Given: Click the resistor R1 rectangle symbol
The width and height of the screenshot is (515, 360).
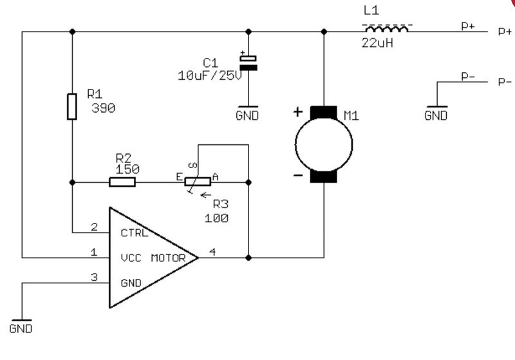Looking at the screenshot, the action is coord(72,106).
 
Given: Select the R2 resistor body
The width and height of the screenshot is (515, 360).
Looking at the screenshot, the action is coord(122,182).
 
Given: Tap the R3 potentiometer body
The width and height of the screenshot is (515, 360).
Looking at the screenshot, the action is coord(198,182).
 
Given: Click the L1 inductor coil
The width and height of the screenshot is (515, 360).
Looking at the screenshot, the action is coord(387,29).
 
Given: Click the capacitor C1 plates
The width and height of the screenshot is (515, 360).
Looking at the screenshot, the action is coord(248,63).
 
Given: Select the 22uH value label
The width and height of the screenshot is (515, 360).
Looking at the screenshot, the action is coord(377,43).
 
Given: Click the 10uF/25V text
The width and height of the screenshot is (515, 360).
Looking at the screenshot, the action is coord(210,76).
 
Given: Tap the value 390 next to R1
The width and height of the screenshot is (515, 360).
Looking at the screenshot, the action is coord(103,108).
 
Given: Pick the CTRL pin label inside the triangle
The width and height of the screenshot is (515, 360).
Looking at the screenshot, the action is coord(135,233).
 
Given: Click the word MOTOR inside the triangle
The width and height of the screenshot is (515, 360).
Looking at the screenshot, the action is coord(169,258).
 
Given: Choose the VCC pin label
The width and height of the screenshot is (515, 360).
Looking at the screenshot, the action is coord(131,258).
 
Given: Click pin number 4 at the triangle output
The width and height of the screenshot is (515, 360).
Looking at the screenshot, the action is coord(212,252).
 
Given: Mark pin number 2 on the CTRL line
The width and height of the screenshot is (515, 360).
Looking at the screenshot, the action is coord(94,227).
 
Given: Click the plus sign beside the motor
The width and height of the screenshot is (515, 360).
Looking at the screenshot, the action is coord(297,112).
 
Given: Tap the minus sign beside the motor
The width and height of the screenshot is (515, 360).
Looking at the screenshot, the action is coord(298,176).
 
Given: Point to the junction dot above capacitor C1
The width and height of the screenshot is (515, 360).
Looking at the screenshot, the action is coord(248,32).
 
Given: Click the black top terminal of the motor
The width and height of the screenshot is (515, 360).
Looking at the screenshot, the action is coord(324,112).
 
